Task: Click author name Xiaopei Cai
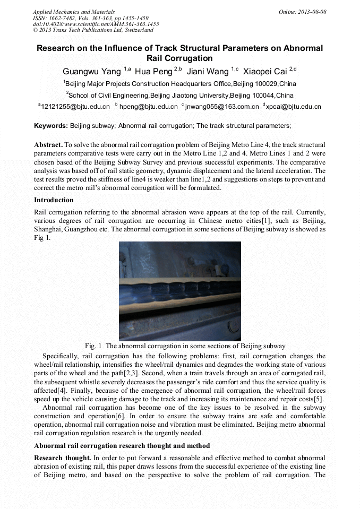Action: click(265, 71)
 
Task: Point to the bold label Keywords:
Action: click(51, 126)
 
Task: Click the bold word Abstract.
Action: click(48, 145)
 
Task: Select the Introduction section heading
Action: click(54, 200)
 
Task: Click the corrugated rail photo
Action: click(179, 291)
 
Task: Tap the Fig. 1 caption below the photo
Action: click(179, 346)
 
